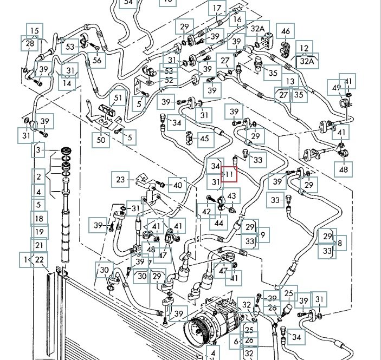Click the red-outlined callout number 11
pos(230,174)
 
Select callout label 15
pos(35,30)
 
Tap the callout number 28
pos(29,43)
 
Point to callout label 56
pos(96,61)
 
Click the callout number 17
pos(217,8)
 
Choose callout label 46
pos(286,31)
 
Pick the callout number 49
pos(337,88)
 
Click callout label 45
pos(204,139)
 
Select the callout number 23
pos(120,179)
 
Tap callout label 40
pos(177,185)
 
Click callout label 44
pos(219,222)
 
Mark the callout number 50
pos(101,140)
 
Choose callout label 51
pos(117,99)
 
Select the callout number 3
pos(38,149)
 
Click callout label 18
pos(38,219)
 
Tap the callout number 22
pos(39,259)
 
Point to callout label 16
pos(237,20)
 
